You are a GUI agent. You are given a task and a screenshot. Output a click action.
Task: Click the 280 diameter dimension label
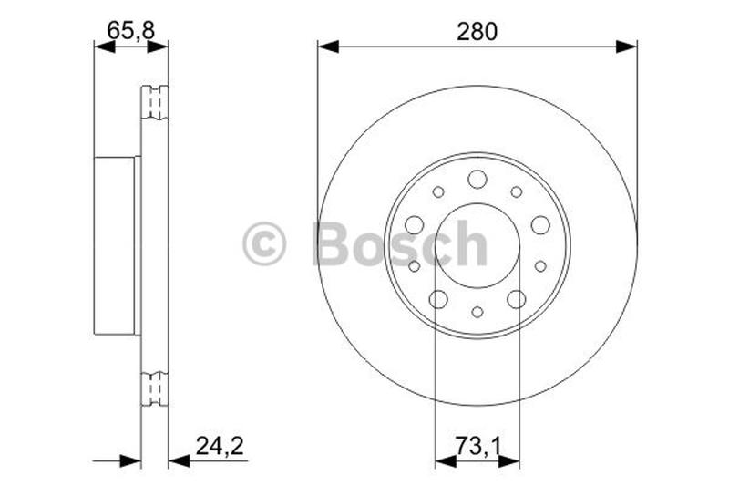(477, 31)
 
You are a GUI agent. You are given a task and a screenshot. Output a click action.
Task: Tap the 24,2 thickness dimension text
(220, 446)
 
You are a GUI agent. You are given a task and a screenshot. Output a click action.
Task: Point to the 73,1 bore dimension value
(477, 446)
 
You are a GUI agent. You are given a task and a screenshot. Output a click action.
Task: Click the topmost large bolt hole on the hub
(477, 179)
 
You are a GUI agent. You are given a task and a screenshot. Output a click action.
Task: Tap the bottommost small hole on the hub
(477, 312)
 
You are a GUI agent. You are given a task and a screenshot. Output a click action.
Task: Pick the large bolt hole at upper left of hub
(414, 224)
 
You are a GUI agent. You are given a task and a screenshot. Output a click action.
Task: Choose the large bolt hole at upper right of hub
(540, 224)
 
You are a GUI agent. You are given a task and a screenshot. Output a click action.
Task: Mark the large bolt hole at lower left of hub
(438, 299)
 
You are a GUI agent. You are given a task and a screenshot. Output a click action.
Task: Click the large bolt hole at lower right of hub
(516, 299)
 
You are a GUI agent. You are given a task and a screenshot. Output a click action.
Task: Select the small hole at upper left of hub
(438, 191)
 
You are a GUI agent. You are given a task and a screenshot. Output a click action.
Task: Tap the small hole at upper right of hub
(517, 191)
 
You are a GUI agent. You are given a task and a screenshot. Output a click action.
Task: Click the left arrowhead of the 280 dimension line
(327, 46)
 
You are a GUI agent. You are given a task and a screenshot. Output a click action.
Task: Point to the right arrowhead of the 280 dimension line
(627, 46)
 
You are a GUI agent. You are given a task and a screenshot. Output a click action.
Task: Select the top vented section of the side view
(156, 103)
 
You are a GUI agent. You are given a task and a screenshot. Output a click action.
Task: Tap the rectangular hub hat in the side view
(117, 245)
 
